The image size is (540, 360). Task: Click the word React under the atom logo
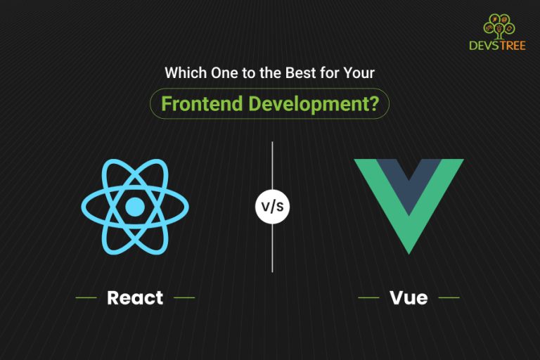pyautogui.click(x=134, y=297)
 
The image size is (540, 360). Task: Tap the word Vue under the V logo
pyautogui.click(x=409, y=297)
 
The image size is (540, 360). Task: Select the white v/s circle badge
pyautogui.click(x=272, y=207)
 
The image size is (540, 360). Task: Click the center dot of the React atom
pyautogui.click(x=134, y=206)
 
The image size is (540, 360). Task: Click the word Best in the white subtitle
pyautogui.click(x=303, y=72)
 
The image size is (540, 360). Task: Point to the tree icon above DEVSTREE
pyautogui.click(x=496, y=26)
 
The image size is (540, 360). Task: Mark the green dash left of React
pyautogui.click(x=86, y=297)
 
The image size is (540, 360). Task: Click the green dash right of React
pyautogui.click(x=184, y=297)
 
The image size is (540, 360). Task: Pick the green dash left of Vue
pyautogui.click(x=368, y=297)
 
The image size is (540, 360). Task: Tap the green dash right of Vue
pyautogui.click(x=449, y=297)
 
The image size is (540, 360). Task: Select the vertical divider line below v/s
pyautogui.click(x=272, y=250)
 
